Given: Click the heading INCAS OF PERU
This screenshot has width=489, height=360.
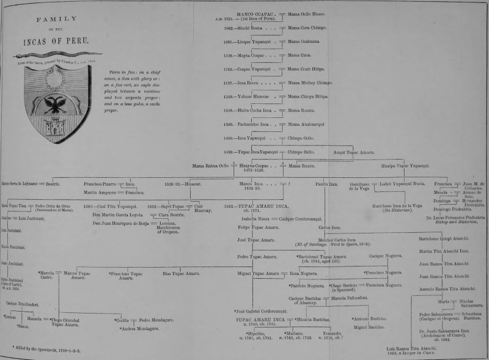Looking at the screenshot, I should point(56,41).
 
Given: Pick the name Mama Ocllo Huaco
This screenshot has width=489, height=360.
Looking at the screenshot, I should point(307,13).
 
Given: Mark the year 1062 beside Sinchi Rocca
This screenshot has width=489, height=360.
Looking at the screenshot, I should point(229,28).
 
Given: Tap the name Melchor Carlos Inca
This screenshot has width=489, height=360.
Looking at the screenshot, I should point(339,240).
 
